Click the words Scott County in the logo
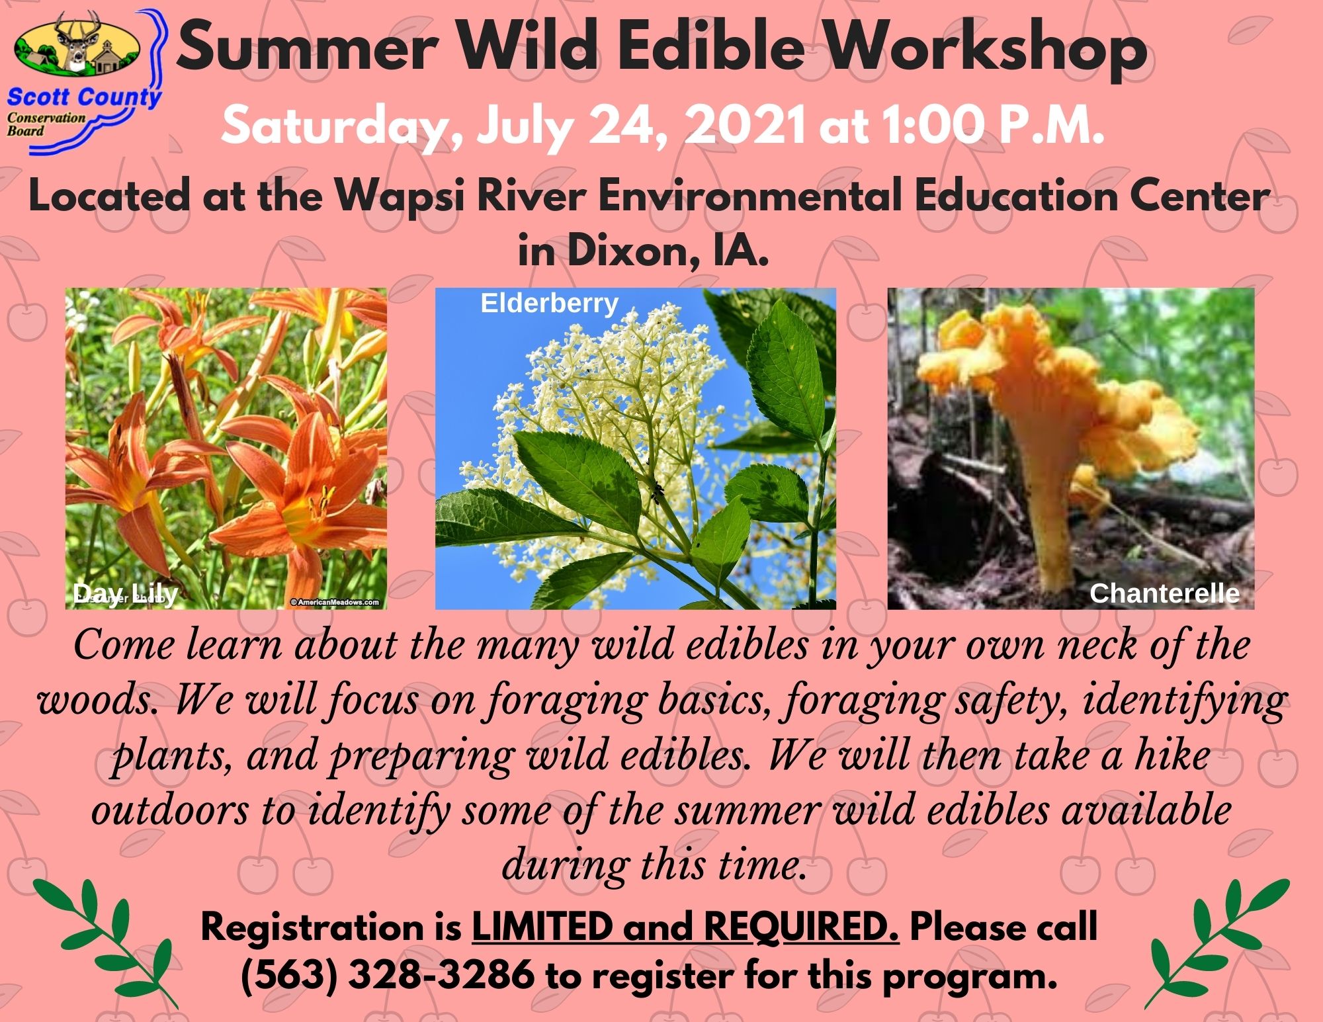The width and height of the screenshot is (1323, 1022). (84, 98)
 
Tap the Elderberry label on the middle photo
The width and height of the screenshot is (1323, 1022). (549, 303)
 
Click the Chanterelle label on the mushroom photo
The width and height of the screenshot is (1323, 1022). (1164, 593)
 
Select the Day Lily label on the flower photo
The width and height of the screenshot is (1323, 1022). (125, 594)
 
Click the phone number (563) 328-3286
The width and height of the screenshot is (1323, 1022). (388, 975)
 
